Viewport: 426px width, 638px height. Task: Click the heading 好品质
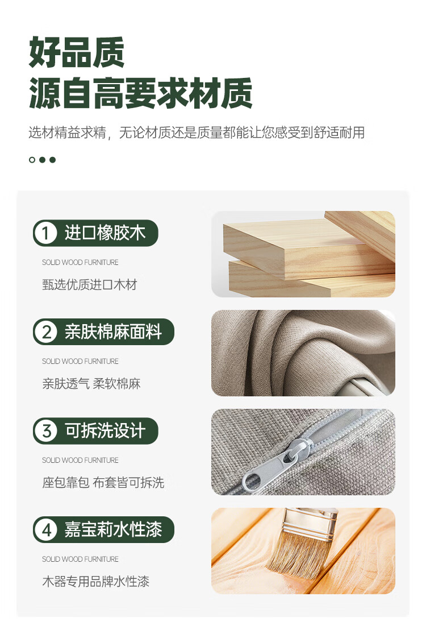click(77, 52)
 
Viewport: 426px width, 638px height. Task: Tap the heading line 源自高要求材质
click(141, 93)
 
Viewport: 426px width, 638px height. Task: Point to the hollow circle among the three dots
click(32, 160)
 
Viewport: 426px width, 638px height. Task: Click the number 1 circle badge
click(45, 233)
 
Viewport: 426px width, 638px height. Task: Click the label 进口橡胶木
click(105, 233)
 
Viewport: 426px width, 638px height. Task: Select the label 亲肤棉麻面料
click(113, 332)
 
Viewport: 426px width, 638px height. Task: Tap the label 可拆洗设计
click(105, 431)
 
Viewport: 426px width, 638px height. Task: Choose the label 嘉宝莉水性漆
click(113, 530)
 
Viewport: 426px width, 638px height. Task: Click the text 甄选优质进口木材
click(89, 284)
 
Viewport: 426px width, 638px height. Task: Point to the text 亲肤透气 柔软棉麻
click(91, 383)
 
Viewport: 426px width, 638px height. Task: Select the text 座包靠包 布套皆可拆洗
click(103, 483)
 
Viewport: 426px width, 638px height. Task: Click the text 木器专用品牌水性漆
click(96, 582)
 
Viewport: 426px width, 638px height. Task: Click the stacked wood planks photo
click(303, 254)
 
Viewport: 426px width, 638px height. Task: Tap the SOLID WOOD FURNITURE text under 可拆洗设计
click(80, 460)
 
